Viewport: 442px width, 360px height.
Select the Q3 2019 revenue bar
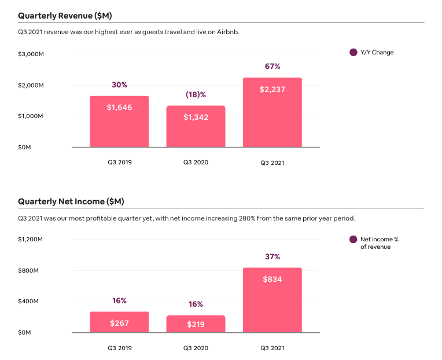point(119,122)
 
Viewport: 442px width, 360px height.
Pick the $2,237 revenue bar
point(272,113)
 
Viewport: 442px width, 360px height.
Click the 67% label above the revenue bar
point(272,67)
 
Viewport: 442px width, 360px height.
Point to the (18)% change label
point(196,94)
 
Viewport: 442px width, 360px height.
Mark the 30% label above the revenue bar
point(119,85)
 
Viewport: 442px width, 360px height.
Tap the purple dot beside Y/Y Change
point(353,53)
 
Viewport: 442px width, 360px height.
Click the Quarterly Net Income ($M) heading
point(71,201)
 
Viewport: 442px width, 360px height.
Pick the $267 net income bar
point(119,322)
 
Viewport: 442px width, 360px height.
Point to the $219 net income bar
point(196,324)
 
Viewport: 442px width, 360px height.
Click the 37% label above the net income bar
point(272,256)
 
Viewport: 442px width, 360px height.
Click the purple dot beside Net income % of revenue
point(353,240)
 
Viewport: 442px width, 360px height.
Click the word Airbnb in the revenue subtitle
point(227,32)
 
